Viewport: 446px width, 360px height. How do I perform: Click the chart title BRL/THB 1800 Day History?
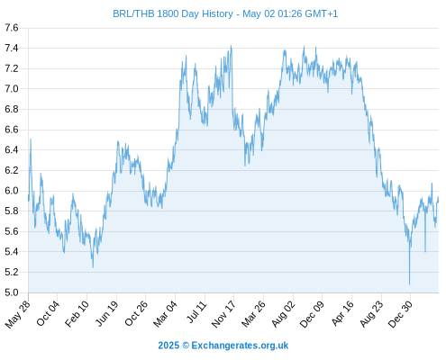[x=173, y=13]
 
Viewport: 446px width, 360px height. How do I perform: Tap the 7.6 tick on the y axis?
[x=12, y=28]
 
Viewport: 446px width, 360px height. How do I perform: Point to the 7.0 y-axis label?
[x=12, y=89]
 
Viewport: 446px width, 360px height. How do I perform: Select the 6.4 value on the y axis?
[x=12, y=149]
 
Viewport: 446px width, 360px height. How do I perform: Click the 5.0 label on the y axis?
[x=12, y=292]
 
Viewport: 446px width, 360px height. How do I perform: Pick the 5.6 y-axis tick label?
[x=12, y=231]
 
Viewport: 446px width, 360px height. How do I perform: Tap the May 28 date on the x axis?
[x=18, y=314]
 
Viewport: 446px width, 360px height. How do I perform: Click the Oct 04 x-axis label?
[x=48, y=313]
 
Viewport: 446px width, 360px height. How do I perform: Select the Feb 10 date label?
[x=77, y=314]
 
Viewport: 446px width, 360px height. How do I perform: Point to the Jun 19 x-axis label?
[x=107, y=313]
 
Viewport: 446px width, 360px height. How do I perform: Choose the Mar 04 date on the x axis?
[x=166, y=314]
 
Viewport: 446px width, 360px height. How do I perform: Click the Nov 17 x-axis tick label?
[x=223, y=314]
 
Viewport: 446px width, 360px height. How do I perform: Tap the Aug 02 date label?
[x=284, y=314]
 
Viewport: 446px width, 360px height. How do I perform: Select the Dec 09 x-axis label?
[x=313, y=314]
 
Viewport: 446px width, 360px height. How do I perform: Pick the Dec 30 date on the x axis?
[x=400, y=314]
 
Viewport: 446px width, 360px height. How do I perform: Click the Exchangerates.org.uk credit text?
[x=240, y=346]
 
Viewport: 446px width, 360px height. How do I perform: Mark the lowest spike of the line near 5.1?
[x=409, y=283]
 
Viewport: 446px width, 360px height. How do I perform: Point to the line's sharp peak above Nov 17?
[x=231, y=46]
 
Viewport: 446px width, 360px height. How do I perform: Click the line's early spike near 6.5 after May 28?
[x=31, y=139]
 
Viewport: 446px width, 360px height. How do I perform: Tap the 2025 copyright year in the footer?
[x=168, y=346]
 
